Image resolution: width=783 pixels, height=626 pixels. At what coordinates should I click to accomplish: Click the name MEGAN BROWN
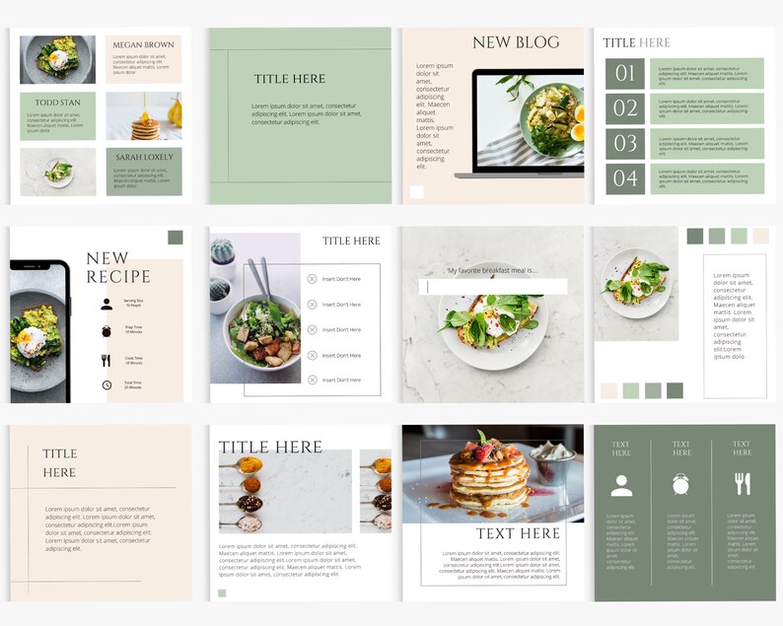click(143, 45)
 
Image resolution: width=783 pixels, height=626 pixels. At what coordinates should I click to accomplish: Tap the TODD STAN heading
click(57, 103)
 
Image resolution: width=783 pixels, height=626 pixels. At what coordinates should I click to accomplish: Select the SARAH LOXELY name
click(143, 157)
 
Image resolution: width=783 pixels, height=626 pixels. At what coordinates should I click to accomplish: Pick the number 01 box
click(625, 74)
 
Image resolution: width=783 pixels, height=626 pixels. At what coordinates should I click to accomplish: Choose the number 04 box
click(625, 178)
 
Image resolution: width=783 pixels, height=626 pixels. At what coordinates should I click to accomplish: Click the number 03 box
click(625, 144)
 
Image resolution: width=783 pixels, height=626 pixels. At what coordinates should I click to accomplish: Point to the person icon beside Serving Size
click(107, 305)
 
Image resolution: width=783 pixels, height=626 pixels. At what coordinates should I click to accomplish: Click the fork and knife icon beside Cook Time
click(107, 361)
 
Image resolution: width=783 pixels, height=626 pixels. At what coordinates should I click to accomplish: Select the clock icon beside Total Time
click(107, 384)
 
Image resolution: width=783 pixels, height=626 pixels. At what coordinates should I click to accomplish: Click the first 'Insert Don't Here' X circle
click(312, 279)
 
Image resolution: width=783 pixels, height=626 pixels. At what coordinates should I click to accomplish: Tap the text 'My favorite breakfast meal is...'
click(491, 270)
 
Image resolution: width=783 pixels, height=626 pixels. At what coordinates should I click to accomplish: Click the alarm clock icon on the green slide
click(681, 484)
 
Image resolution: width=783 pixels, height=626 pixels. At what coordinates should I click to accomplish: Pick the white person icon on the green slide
click(621, 484)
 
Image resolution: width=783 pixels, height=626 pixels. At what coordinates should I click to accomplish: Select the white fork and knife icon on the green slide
click(743, 483)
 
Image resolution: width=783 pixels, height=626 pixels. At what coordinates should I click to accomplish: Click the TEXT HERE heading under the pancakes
click(517, 533)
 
